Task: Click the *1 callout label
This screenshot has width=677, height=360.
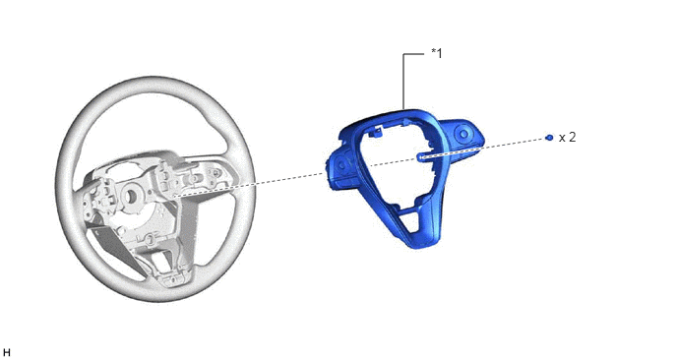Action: point(437,54)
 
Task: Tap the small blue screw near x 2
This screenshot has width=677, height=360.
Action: point(549,138)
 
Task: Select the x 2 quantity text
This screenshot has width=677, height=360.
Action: point(568,138)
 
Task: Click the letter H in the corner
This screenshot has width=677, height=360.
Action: point(6,353)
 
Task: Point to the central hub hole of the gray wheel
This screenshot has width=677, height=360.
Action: point(130,196)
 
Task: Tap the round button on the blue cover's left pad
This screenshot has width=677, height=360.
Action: point(342,164)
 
